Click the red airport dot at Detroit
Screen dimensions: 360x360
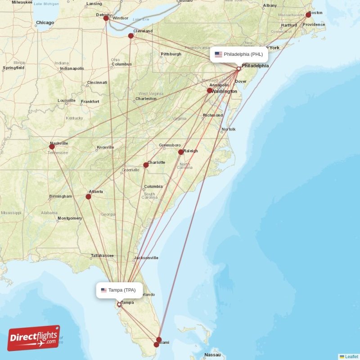pos(106,18)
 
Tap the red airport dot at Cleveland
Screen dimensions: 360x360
pos(131,36)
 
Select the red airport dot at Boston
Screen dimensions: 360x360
pos(308,15)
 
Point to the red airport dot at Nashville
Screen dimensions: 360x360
pos(52,146)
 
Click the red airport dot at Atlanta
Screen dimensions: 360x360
pos(88,196)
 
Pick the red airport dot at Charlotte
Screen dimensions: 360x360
pos(146,165)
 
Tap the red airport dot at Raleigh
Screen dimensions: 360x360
pos(180,152)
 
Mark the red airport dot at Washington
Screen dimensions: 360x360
pos(209,90)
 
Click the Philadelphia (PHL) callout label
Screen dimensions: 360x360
pos(239,54)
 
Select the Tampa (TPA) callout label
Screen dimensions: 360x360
pos(119,290)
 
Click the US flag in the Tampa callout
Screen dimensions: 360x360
pos(104,290)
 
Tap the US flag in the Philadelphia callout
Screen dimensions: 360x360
pos(218,54)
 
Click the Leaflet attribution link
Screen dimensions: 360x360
pos(351,356)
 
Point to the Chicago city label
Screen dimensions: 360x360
pos(45,22)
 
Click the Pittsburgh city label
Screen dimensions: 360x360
pos(171,54)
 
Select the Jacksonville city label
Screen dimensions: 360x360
pos(146,258)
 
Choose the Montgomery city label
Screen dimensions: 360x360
pos(70,218)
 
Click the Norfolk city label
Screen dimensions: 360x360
pos(228,129)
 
